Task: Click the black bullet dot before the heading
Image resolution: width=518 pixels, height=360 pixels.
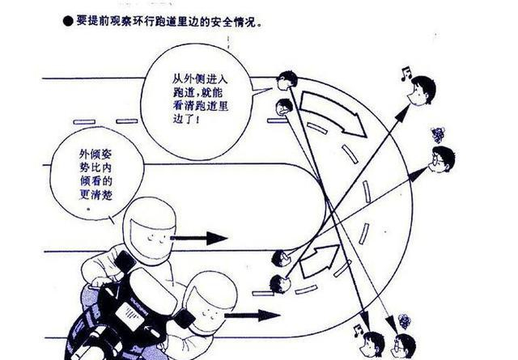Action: [68, 22]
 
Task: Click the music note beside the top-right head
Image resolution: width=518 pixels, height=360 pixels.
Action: [406, 74]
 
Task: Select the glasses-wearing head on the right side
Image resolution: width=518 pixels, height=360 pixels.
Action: [442, 159]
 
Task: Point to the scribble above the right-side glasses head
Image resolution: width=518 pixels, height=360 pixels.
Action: [438, 135]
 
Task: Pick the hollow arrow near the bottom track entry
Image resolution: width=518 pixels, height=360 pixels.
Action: [320, 260]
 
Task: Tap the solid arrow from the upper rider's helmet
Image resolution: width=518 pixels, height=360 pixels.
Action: [199, 238]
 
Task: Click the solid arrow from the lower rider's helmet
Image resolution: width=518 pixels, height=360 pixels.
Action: [253, 316]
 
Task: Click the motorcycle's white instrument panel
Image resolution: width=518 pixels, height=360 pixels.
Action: [129, 316]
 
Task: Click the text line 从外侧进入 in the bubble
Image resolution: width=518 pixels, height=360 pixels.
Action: [200, 79]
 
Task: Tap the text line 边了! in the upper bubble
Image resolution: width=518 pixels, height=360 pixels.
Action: [186, 119]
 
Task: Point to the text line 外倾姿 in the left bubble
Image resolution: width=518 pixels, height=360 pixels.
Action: [96, 155]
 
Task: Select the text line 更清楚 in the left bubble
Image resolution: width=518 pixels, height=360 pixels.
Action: [96, 194]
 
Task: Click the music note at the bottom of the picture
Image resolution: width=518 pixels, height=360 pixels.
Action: [358, 330]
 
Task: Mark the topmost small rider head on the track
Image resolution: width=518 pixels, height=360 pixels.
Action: [287, 81]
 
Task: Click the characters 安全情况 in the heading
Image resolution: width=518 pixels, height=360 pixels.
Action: [227, 22]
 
